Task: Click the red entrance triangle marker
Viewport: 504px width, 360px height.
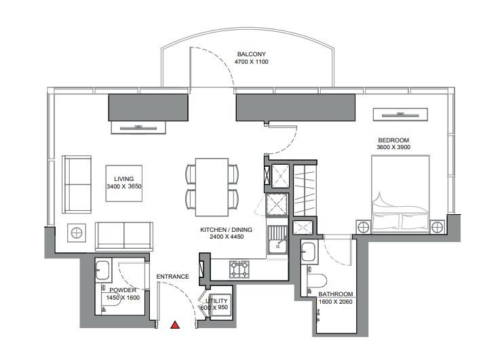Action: tap(175, 325)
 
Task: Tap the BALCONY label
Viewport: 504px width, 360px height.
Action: tap(252, 54)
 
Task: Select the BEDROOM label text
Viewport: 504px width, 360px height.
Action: tap(393, 140)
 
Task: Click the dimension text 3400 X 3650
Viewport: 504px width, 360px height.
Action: tap(124, 186)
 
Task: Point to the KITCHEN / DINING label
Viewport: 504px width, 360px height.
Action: tap(227, 230)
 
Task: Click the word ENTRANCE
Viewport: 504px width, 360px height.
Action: tap(172, 277)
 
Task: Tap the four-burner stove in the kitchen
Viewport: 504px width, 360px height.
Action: tap(239, 269)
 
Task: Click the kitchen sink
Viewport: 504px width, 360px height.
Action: tap(277, 240)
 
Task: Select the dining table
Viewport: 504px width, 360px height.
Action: tap(212, 187)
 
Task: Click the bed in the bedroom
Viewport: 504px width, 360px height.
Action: tap(400, 194)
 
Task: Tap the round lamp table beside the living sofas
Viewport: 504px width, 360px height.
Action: tap(77, 233)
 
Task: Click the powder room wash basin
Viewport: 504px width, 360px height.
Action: tap(103, 270)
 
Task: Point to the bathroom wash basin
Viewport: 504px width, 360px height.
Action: tap(309, 252)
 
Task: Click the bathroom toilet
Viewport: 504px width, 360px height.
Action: tap(317, 280)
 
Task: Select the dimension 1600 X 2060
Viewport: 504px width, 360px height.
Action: tap(336, 302)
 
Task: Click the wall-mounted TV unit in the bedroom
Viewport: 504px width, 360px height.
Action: tap(400, 115)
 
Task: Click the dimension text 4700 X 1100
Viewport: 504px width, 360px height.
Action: tap(252, 62)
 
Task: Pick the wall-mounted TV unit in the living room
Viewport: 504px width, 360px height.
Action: tap(138, 127)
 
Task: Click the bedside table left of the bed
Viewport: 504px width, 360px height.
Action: tap(364, 227)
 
